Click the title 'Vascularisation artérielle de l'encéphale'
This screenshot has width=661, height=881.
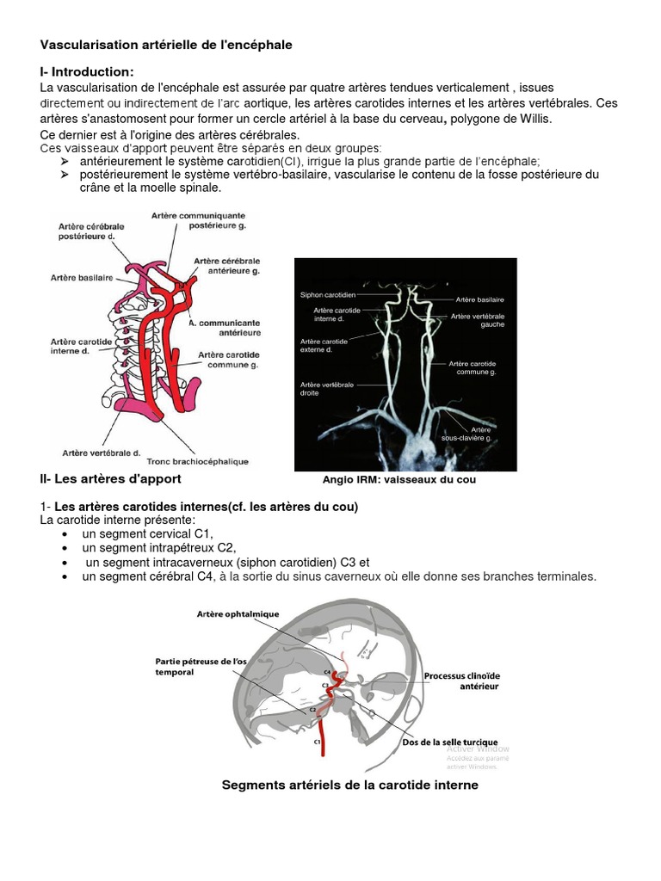coord(166,45)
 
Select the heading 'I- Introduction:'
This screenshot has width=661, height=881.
coord(87,71)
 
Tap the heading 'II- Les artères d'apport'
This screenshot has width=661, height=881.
coord(110,478)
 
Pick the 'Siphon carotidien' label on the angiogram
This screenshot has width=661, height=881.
coord(328,294)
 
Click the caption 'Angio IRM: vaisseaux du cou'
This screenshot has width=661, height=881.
coord(398,480)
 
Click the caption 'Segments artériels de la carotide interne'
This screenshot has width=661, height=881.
coord(349,785)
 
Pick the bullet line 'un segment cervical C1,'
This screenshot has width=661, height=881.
coord(147,533)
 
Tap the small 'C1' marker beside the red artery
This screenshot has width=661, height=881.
coord(317,741)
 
